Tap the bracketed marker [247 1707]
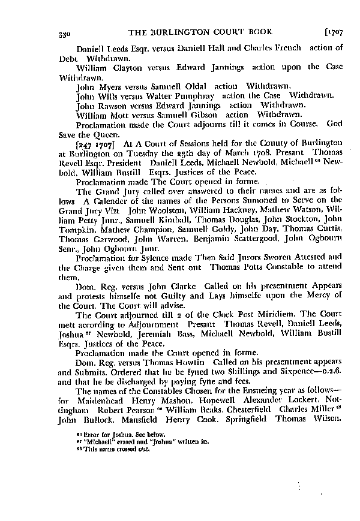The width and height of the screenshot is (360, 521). [x=98, y=144]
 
